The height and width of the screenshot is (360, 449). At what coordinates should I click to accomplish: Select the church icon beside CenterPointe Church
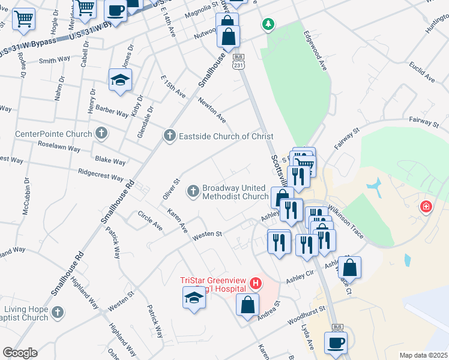pyautogui.click(x=102, y=133)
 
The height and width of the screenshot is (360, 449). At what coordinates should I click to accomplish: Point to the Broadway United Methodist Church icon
pyautogui.click(x=193, y=191)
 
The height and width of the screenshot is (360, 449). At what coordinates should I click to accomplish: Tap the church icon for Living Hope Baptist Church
pyautogui.click(x=57, y=312)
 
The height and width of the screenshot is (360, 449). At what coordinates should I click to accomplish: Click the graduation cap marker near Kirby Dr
pyautogui.click(x=120, y=80)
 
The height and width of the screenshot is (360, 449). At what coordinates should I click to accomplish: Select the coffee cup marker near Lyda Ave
pyautogui.click(x=336, y=343)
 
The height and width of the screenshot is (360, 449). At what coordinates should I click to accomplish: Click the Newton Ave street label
pyautogui.click(x=212, y=109)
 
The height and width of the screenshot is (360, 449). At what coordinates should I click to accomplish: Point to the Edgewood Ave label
pyautogui.click(x=316, y=51)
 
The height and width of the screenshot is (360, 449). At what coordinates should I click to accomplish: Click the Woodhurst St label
pyautogui.click(x=305, y=314)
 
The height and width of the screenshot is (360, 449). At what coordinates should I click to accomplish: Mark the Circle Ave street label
pyautogui.click(x=150, y=221)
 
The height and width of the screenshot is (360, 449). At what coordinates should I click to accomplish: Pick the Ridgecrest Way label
pyautogui.click(x=105, y=175)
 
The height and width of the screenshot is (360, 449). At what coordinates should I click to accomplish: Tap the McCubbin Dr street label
pyautogui.click(x=26, y=196)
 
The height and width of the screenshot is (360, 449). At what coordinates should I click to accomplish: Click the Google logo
pyautogui.click(x=20, y=353)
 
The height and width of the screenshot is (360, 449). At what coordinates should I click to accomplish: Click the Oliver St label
pyautogui.click(x=171, y=189)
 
